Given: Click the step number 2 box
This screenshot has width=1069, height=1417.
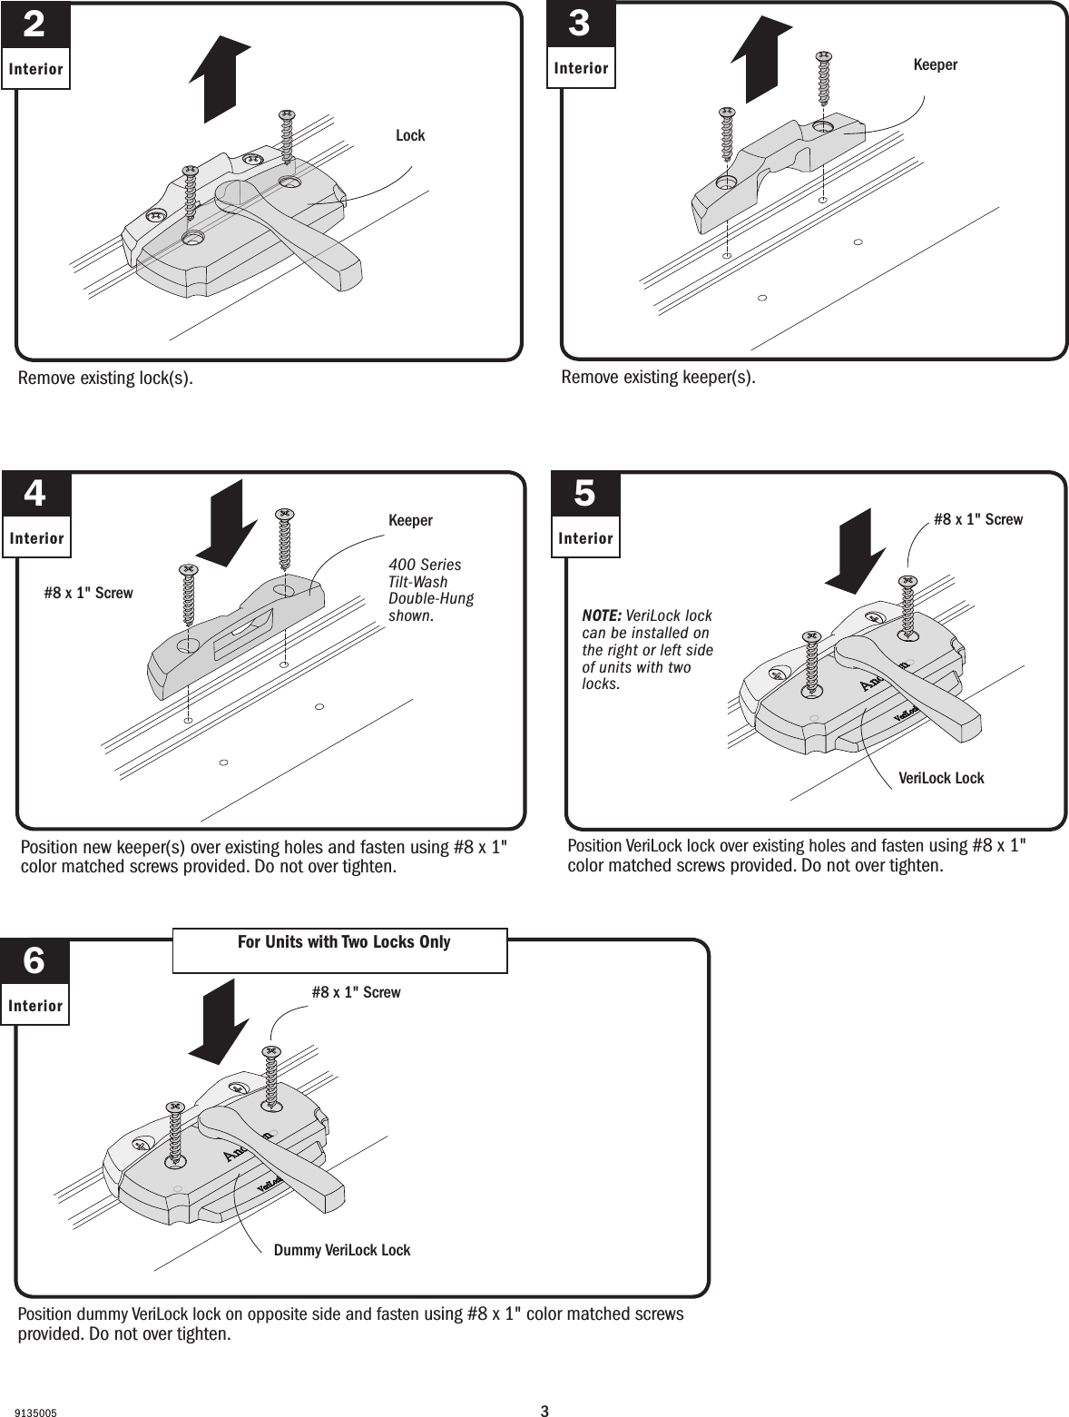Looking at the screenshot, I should click(x=34, y=25).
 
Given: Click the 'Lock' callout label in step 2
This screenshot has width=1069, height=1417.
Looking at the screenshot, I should click(x=410, y=135).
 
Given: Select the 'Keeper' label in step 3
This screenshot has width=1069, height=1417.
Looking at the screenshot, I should click(x=935, y=65).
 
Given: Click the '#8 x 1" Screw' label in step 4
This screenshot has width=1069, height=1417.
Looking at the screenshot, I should click(x=88, y=594).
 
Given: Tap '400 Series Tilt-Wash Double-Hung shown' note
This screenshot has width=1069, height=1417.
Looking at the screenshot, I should click(x=430, y=591).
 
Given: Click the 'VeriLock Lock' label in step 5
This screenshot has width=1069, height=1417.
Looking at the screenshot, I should click(x=941, y=779).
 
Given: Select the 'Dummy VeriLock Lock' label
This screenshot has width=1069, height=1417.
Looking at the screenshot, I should click(x=342, y=1251).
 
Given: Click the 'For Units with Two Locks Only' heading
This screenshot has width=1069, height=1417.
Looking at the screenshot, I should click(x=344, y=942).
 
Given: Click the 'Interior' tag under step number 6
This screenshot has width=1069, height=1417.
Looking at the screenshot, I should click(x=35, y=1006).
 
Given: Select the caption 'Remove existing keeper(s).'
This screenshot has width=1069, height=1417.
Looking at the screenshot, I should click(x=658, y=377).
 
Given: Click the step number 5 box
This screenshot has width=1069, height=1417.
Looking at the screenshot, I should click(x=585, y=496).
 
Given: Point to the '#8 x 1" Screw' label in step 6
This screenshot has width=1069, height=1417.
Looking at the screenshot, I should click(x=356, y=993).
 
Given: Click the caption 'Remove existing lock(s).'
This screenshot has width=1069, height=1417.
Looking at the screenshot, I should click(x=105, y=378).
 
